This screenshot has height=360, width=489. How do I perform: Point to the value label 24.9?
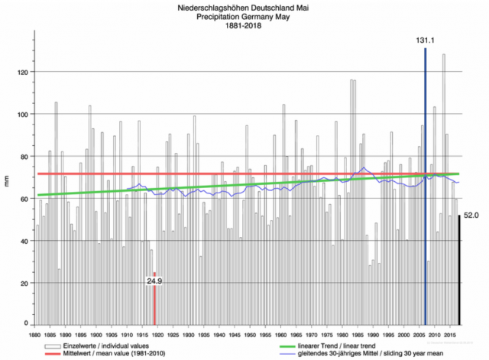(x=155, y=281)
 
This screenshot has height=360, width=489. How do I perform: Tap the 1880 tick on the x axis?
(x=34, y=335)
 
